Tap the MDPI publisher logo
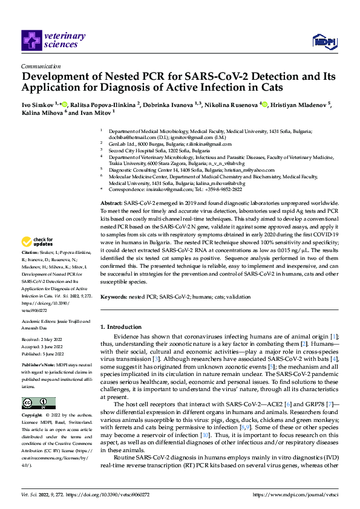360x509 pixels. tap(324, 41)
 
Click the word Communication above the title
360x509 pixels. tap(40, 67)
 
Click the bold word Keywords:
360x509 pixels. tap(114, 297)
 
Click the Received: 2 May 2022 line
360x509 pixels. tap(43, 340)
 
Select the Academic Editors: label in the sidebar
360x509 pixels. tap(39, 321)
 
